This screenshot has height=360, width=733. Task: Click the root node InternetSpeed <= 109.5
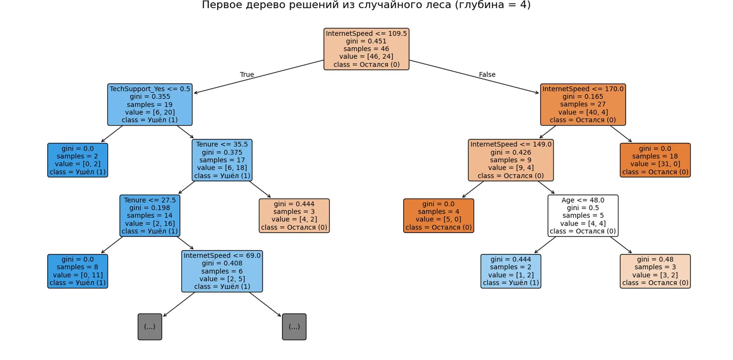click(x=366, y=49)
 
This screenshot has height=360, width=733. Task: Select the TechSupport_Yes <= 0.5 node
click(x=150, y=105)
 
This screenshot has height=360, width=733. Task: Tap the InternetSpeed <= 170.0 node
click(x=583, y=105)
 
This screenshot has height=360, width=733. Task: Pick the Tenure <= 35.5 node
click(x=222, y=160)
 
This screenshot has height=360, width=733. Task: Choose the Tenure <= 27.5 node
click(x=150, y=216)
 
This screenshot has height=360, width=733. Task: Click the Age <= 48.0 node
click(x=583, y=216)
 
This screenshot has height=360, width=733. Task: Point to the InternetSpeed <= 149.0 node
click(x=511, y=160)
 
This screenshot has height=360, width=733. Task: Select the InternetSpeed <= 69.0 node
click(x=222, y=271)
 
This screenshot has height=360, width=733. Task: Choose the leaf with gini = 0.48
click(x=655, y=271)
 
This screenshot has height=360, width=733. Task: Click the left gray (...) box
click(x=150, y=327)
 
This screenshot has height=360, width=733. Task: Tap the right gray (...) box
click(x=294, y=327)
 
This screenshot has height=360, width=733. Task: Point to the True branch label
click(x=247, y=74)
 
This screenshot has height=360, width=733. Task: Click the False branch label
click(x=487, y=74)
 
